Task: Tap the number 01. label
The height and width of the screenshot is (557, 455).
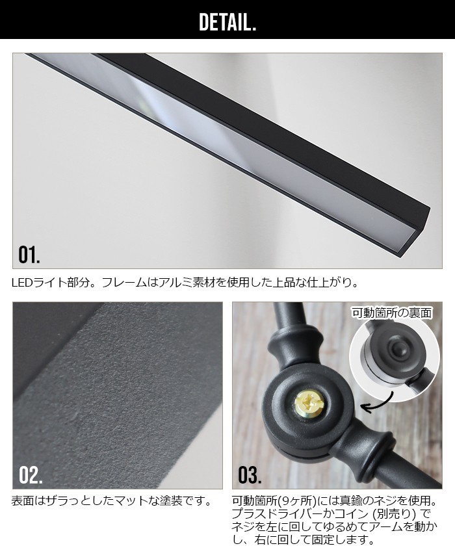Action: pos(29,253)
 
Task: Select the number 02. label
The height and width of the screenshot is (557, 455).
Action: pos(30,474)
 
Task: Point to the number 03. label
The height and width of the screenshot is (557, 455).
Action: pos(249,474)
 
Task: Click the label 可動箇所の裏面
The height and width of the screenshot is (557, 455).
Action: pos(391,313)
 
